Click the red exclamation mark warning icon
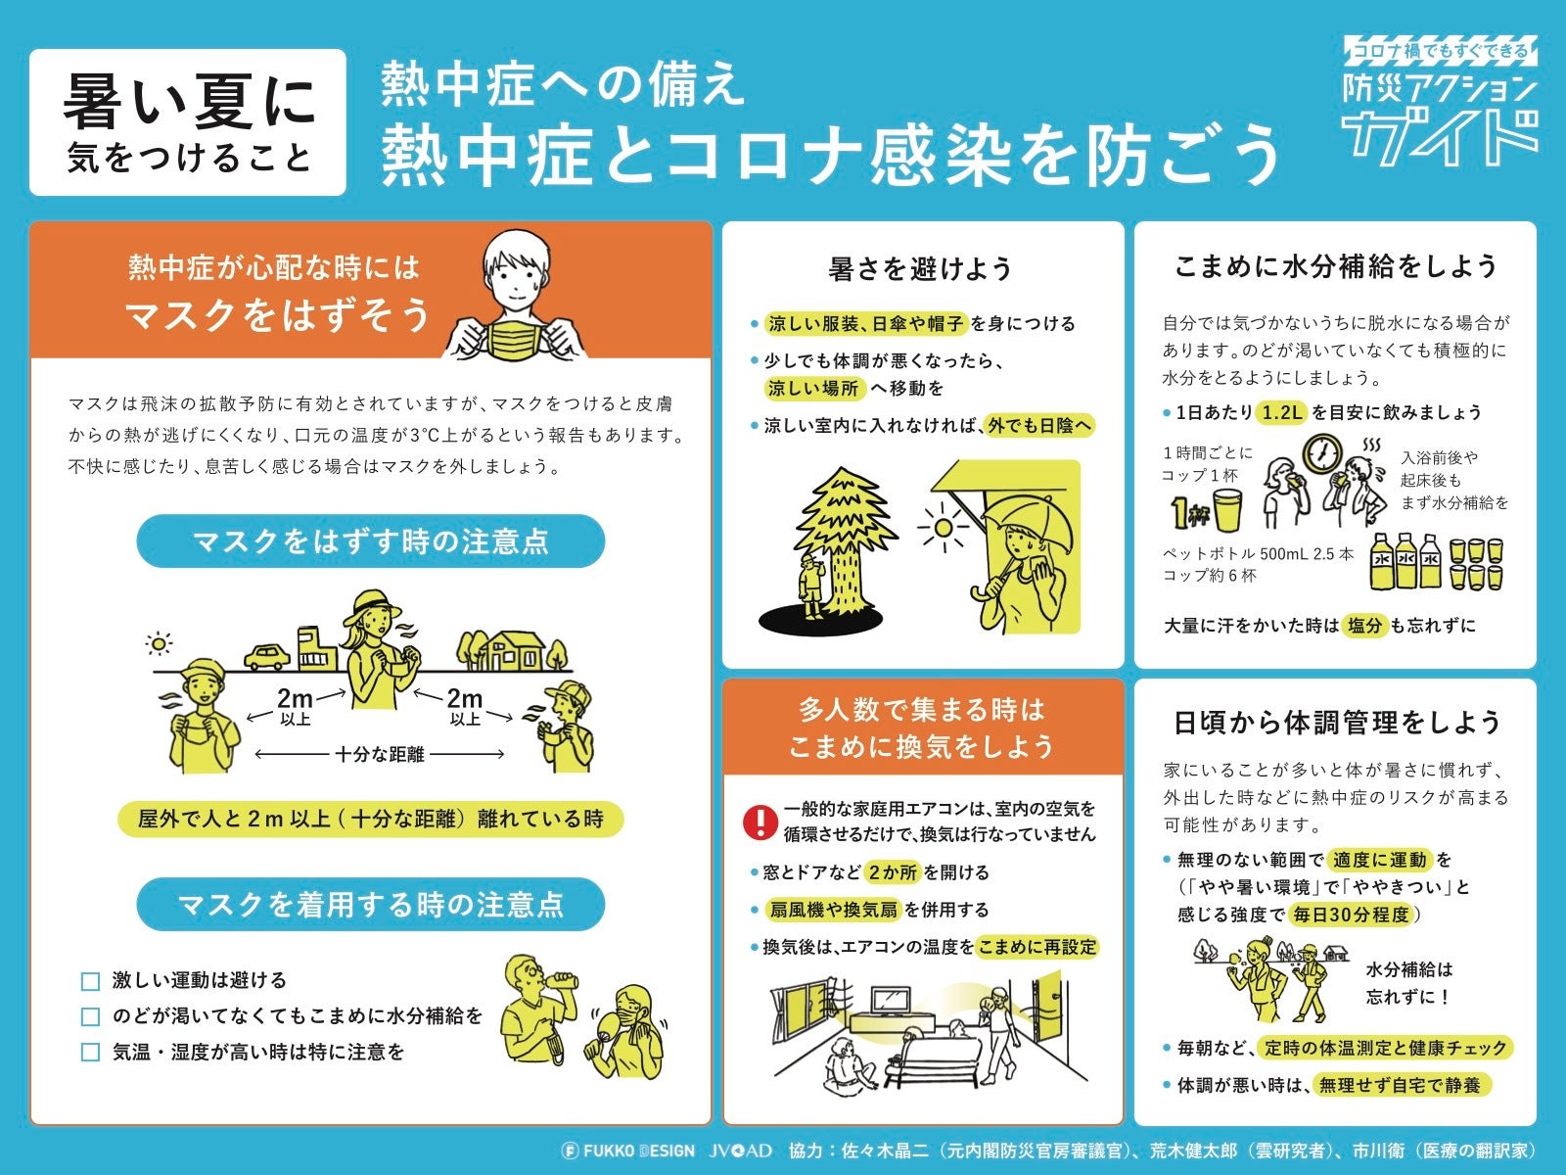[760, 822]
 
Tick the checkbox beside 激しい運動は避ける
[90, 981]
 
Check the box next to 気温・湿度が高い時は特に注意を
[90, 1052]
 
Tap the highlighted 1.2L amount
[1281, 411]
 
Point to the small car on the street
[267, 656]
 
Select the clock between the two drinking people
[1322, 453]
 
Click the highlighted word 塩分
[1364, 626]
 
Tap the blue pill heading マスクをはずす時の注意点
[370, 540]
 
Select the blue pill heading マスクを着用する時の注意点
[370, 904]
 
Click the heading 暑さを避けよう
[920, 269]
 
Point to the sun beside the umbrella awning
[943, 527]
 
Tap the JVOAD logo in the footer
[741, 1150]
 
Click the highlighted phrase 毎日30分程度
[1352, 915]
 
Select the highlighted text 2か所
[893, 871]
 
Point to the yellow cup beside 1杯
[1227, 511]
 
